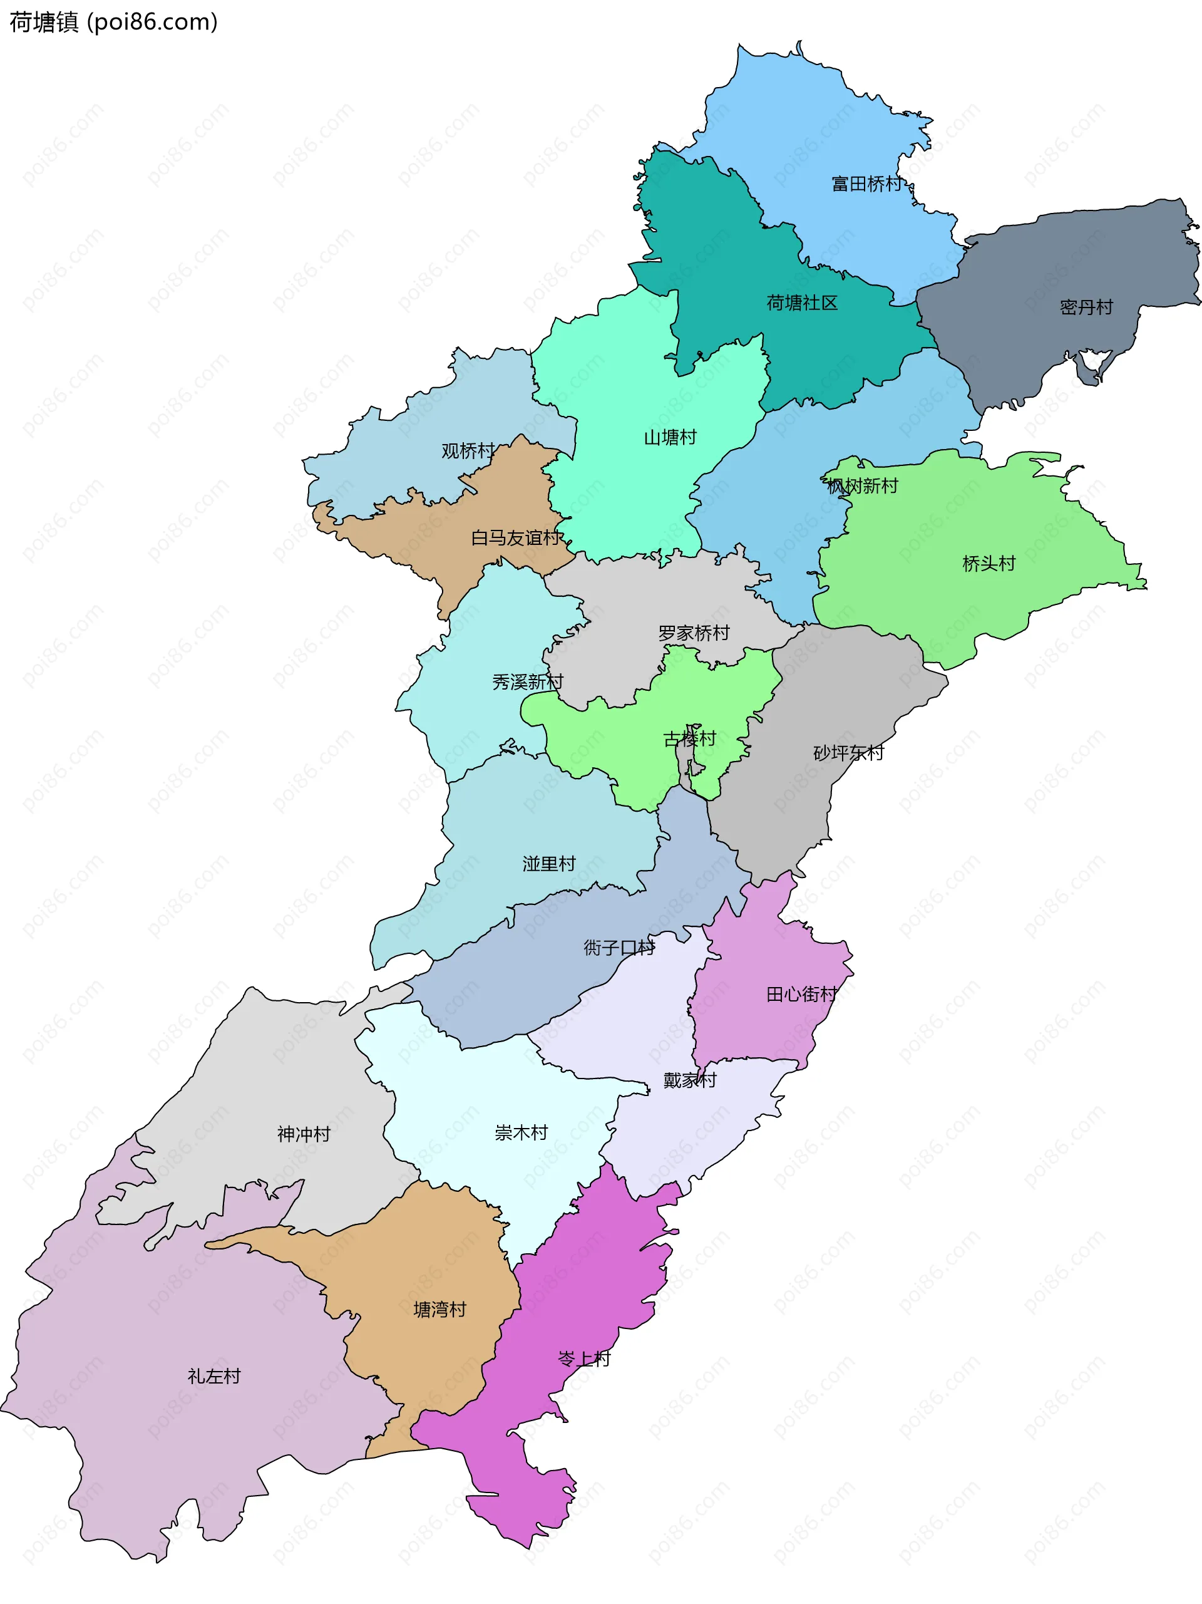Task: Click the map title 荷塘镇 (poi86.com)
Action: (113, 23)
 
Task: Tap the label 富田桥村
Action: (866, 184)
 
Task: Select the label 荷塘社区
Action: (802, 303)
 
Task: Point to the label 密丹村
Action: (1086, 308)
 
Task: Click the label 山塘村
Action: (670, 437)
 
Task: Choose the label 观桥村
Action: (468, 451)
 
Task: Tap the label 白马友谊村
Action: (515, 538)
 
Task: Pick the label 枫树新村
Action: (862, 486)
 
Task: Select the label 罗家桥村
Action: (694, 633)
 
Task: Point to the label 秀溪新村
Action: (527, 681)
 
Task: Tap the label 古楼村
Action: (689, 739)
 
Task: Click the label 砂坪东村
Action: (848, 753)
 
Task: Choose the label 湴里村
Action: (549, 864)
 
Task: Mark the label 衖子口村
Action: (619, 948)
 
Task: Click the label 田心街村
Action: (802, 994)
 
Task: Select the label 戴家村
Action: (689, 1080)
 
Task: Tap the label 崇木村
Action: (520, 1132)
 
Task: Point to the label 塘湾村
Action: (439, 1310)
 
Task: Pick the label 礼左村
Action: (214, 1376)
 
